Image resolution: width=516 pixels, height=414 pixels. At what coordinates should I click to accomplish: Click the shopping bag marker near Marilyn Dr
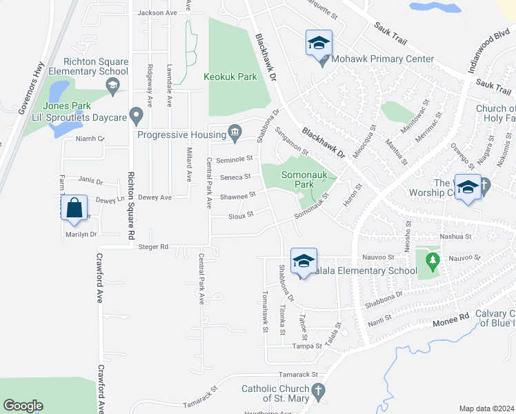point(75,207)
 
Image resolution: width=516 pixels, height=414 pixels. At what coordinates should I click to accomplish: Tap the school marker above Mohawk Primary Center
point(319,43)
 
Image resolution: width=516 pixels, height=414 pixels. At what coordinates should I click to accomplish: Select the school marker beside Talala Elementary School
point(303,261)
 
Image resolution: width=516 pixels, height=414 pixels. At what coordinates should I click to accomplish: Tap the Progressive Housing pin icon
point(235,131)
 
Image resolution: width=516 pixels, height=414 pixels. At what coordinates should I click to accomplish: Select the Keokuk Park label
point(230,77)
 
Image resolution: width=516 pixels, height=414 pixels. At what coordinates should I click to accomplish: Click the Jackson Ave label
point(157,13)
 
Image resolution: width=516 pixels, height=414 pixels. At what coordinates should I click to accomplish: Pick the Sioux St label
point(241,215)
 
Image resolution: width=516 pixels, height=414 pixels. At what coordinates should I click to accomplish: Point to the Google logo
point(23,406)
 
